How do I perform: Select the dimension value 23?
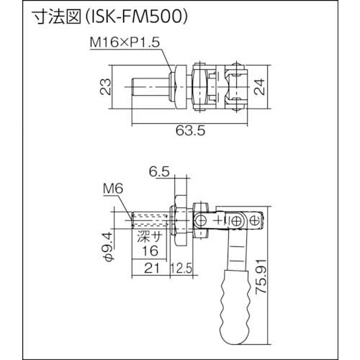point(104,88)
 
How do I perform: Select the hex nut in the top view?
point(200,89)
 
